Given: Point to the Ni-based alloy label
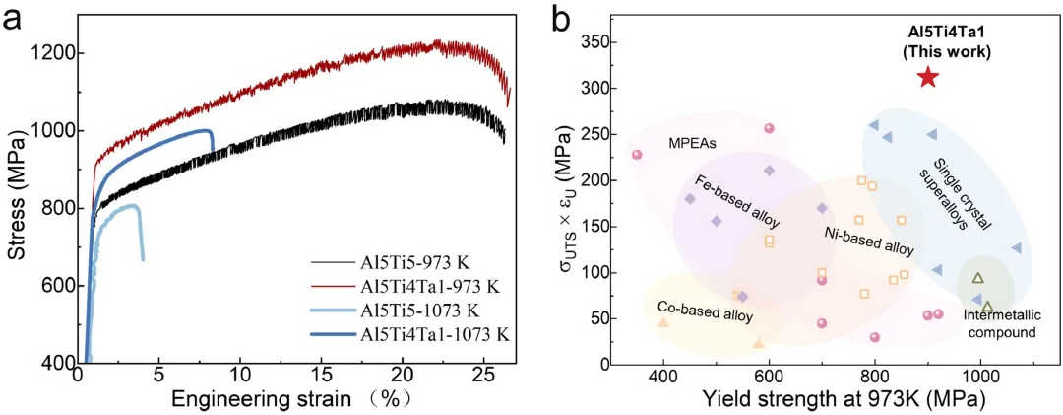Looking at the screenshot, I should [868, 241].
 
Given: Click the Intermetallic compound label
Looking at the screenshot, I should [1000, 324].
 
